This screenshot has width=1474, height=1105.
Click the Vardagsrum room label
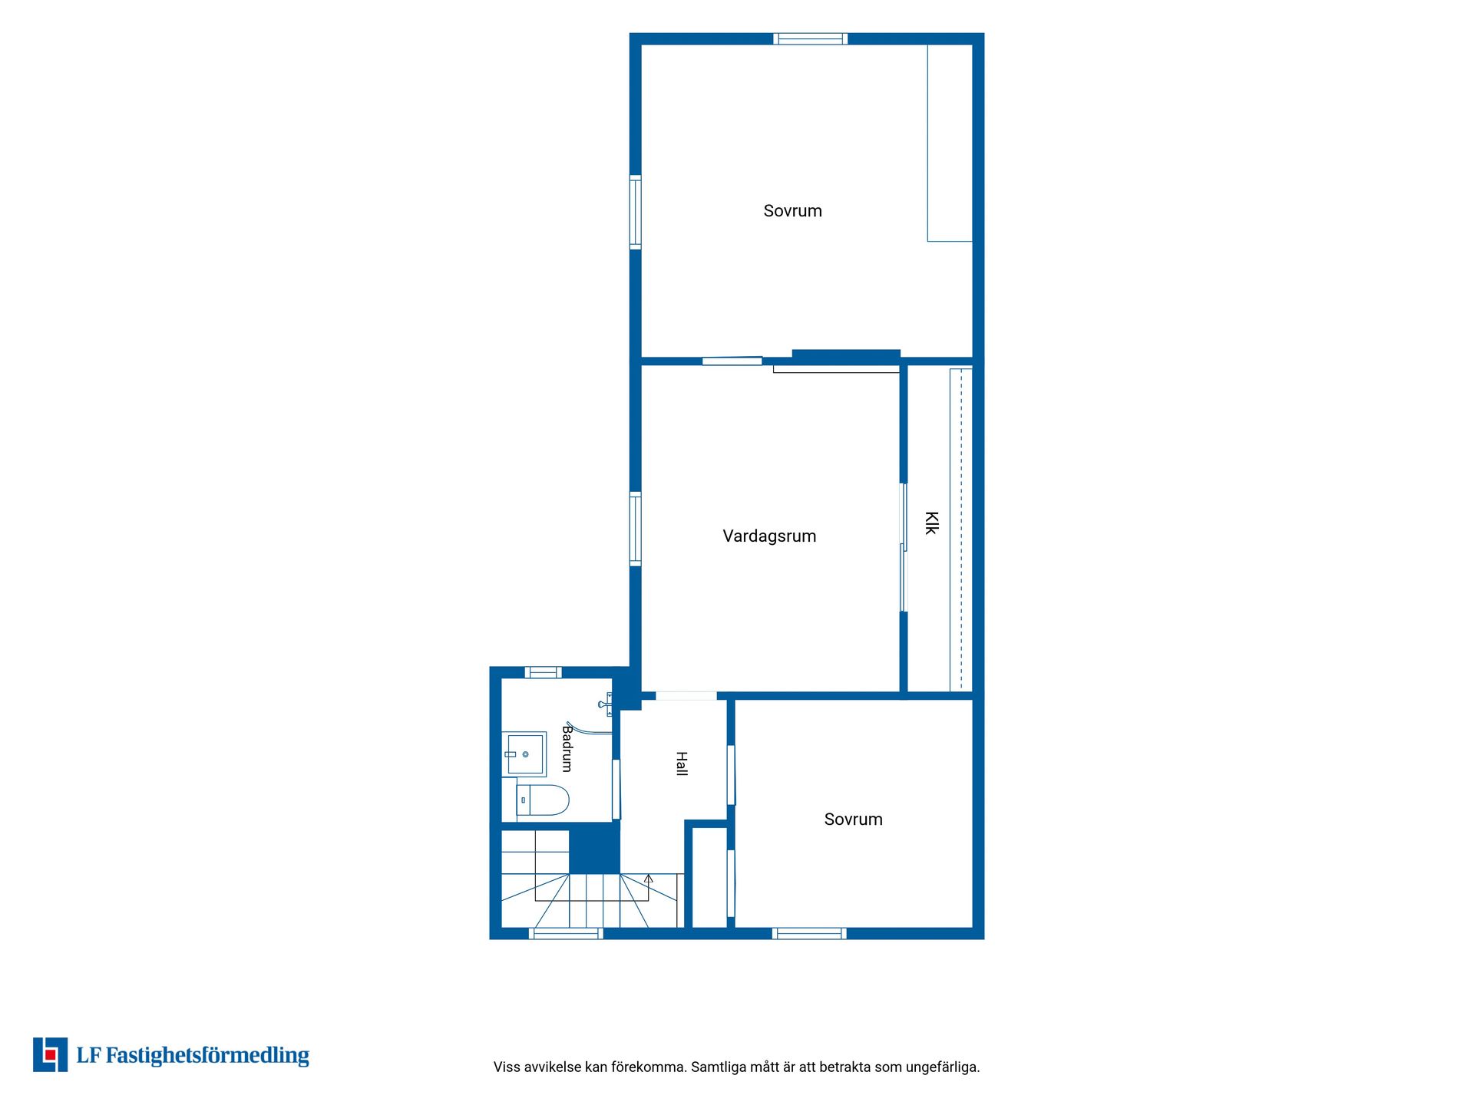[x=769, y=536]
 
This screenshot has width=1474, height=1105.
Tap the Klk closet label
[x=931, y=523]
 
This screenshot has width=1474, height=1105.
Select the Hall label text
[x=681, y=764]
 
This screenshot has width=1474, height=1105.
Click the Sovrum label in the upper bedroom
[x=792, y=211]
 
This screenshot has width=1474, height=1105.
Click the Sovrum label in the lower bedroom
[x=853, y=820]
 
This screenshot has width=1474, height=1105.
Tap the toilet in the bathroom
[x=543, y=800]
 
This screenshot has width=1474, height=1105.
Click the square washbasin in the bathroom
[x=524, y=754]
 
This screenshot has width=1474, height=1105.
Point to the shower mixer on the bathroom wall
[x=606, y=704]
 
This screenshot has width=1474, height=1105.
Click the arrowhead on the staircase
[x=649, y=879]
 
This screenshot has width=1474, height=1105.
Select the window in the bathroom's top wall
[x=543, y=673]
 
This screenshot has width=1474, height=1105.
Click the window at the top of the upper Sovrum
[x=810, y=39]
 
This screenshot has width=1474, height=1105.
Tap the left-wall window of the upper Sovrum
[x=636, y=213]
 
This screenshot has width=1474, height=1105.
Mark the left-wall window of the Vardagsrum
[x=636, y=529]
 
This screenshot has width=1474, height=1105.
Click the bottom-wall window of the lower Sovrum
[x=809, y=933]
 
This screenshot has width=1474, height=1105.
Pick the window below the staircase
[x=567, y=933]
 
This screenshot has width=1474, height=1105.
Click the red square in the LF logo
[x=51, y=1055]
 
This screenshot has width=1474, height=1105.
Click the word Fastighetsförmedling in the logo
[x=207, y=1056]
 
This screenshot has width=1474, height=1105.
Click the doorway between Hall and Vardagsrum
[x=686, y=696]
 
